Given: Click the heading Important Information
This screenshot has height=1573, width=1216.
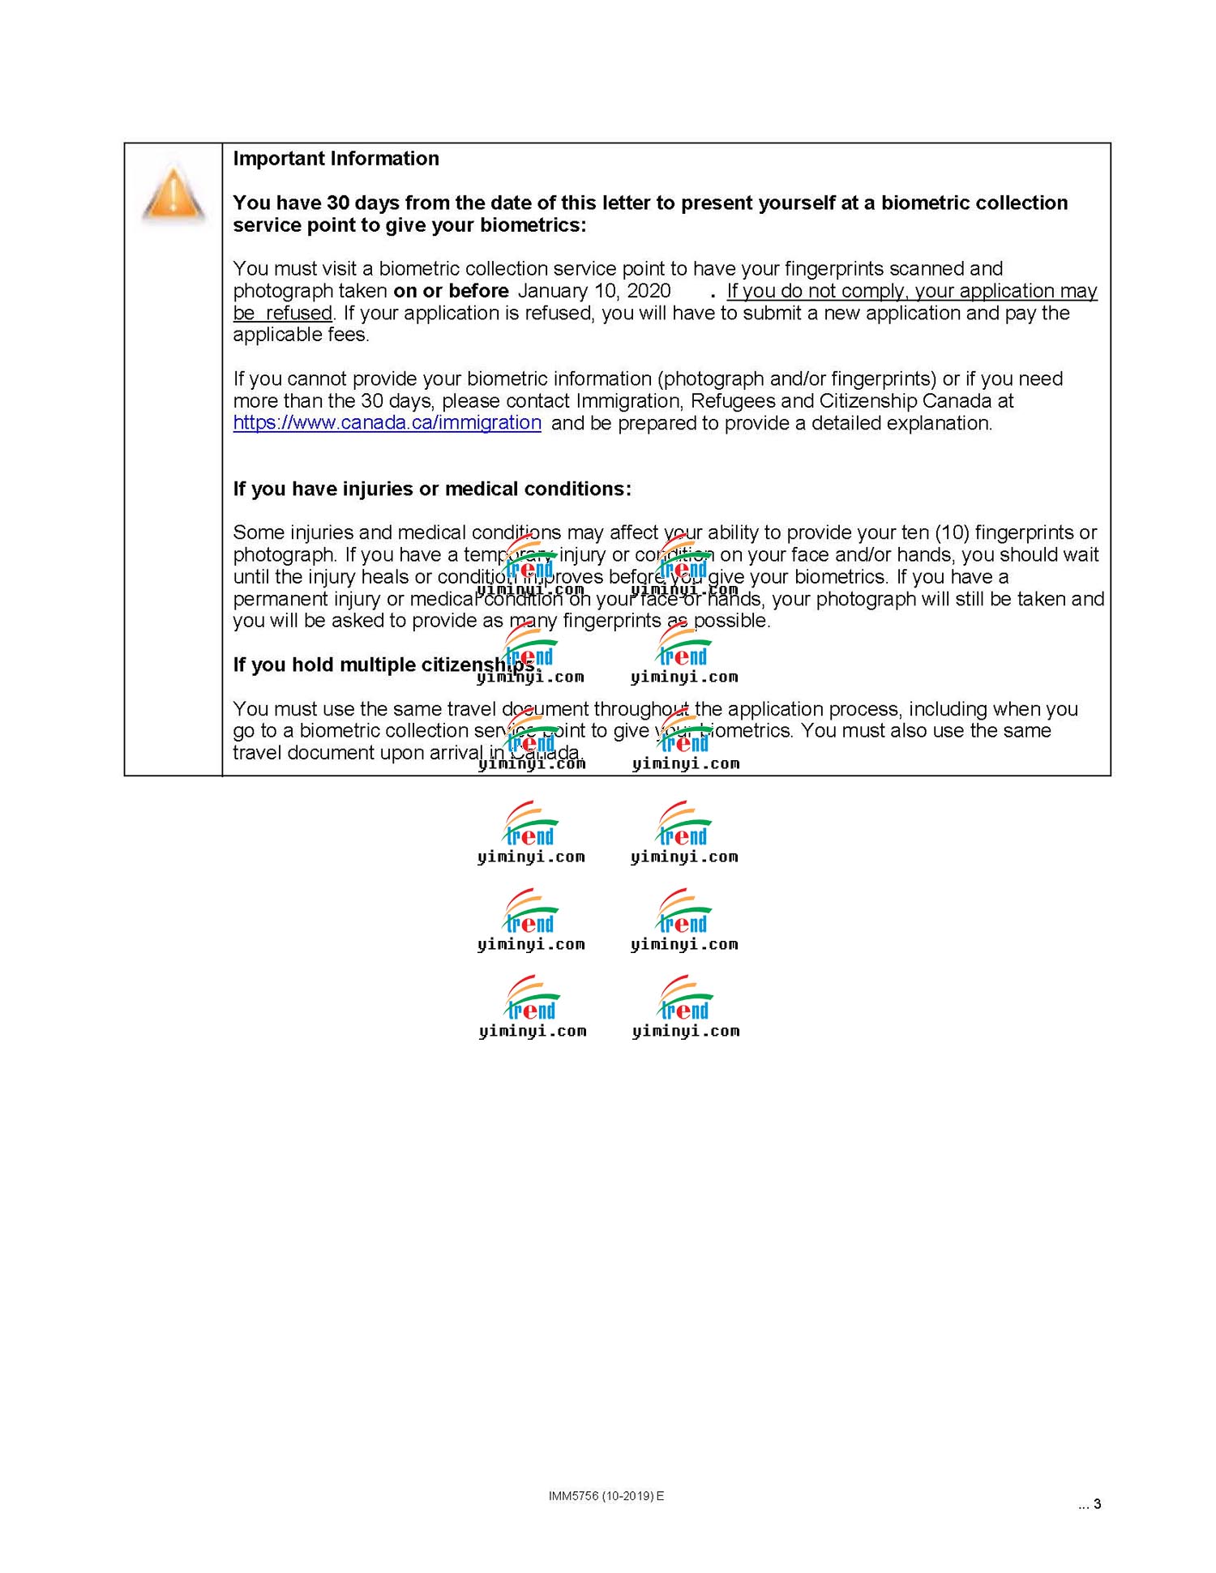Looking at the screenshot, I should tap(336, 159).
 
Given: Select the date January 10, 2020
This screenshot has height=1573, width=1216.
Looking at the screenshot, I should tap(593, 291).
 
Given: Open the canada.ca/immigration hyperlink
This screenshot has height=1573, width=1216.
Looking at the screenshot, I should tap(387, 423).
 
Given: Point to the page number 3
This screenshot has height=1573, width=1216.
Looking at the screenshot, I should tap(1097, 1504).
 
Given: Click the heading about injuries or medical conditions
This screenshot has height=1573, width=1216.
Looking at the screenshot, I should tap(431, 489).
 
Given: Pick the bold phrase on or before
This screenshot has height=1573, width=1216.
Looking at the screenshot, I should tap(451, 291).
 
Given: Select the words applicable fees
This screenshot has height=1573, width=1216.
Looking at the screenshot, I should tap(300, 336).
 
